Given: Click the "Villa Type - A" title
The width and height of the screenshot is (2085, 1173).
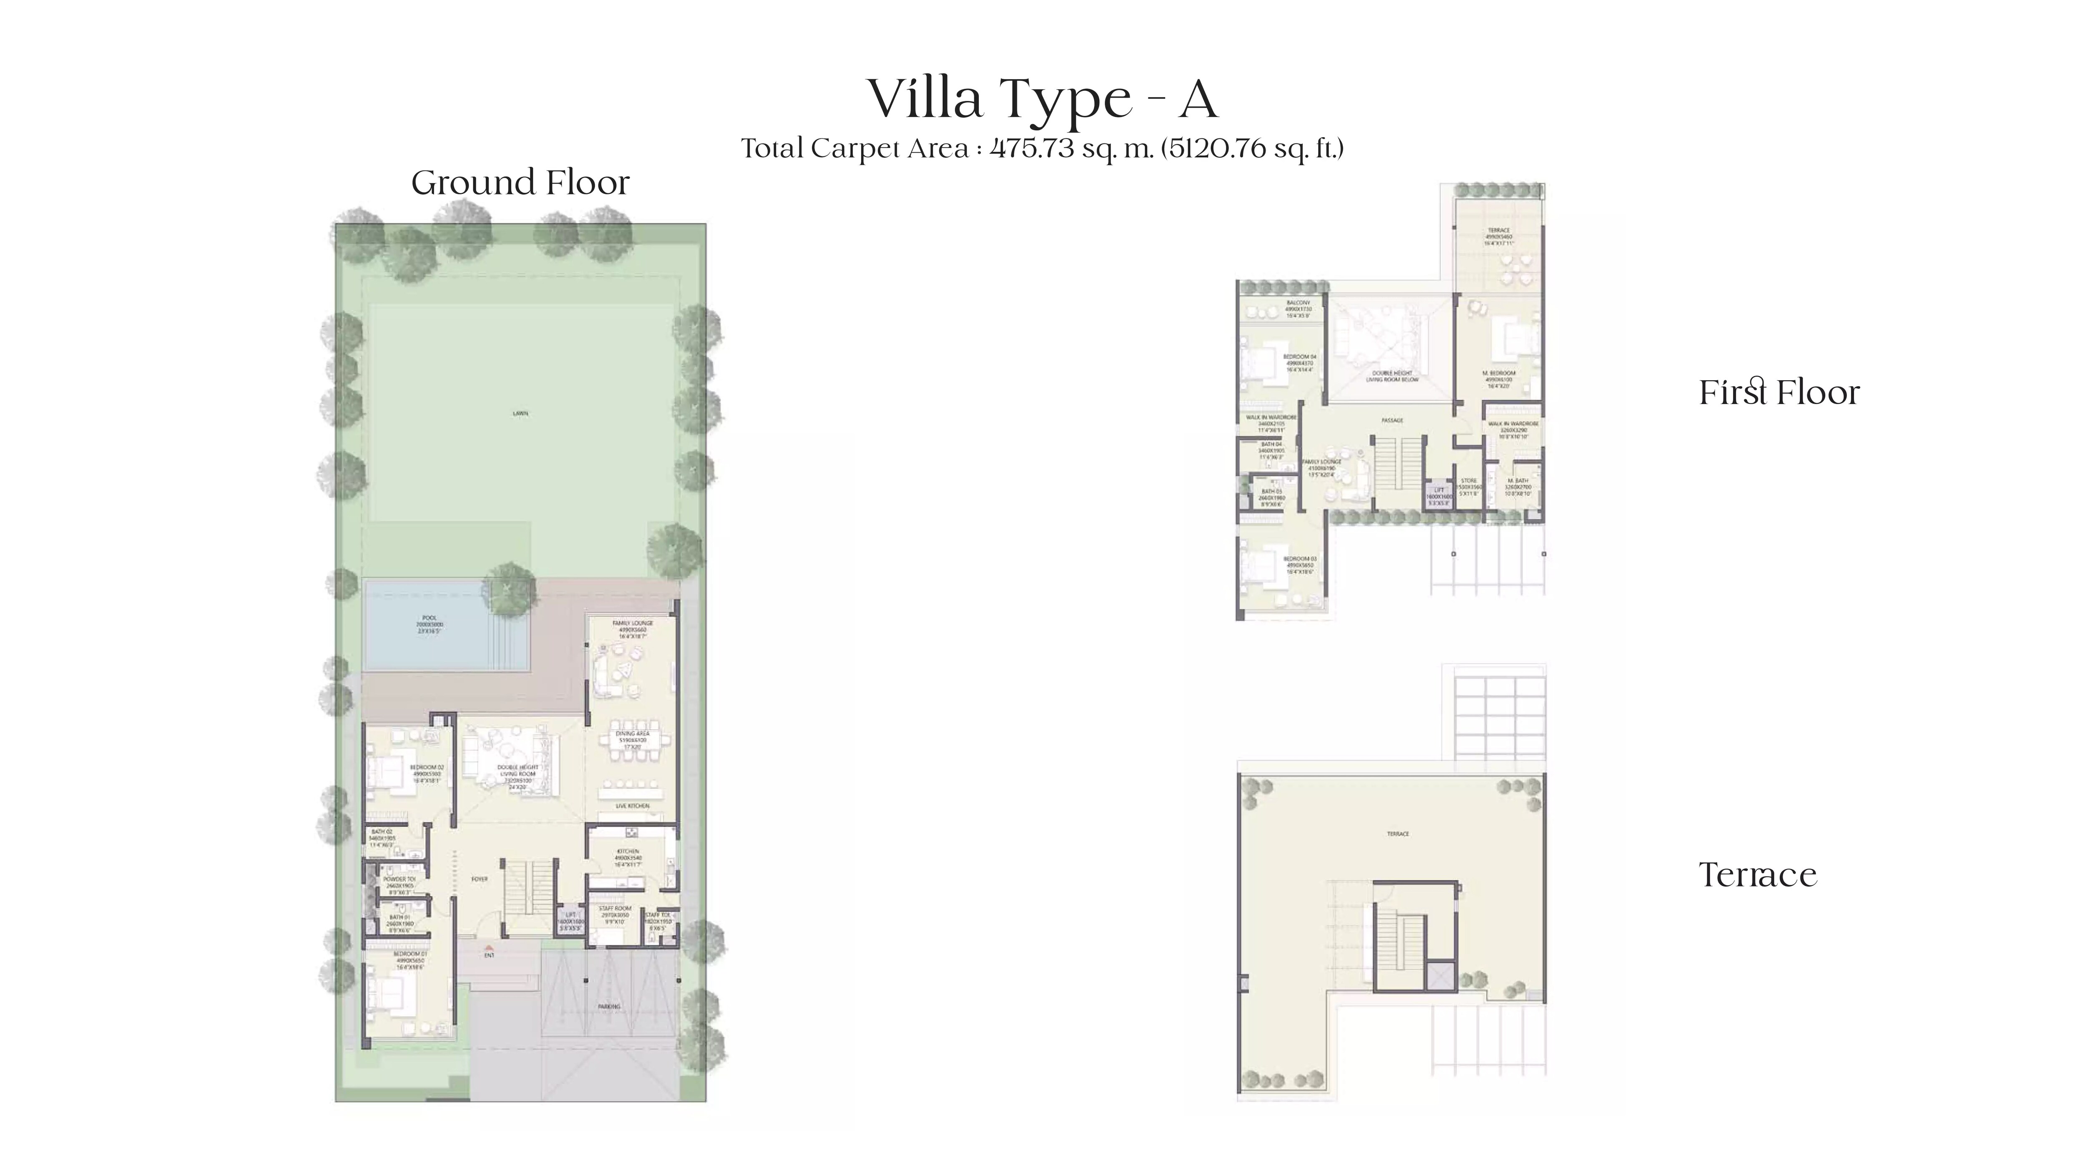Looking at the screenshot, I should click(1042, 99).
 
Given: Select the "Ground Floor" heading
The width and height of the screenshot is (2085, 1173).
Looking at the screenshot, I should click(520, 183).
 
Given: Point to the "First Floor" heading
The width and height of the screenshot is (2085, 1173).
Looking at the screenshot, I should click(1779, 393).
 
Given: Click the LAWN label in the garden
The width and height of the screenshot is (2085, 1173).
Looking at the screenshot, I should click(520, 414).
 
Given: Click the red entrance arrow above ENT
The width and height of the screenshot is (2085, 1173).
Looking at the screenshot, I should click(488, 947).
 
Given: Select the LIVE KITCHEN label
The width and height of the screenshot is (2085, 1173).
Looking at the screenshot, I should click(632, 806).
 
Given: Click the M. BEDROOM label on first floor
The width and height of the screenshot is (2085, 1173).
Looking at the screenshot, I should click(1499, 373).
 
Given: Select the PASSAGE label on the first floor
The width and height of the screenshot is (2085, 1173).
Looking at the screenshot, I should click(1392, 420).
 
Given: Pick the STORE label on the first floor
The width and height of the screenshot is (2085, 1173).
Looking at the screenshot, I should click(1469, 481).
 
